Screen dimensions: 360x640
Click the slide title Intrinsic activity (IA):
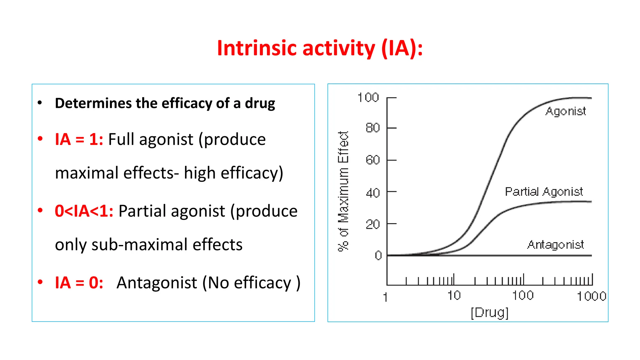tap(320, 48)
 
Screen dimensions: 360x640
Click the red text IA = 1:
tap(79, 139)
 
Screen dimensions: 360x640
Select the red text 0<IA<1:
tap(84, 211)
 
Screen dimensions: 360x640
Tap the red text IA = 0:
tap(79, 283)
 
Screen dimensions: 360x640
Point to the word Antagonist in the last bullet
tap(157, 283)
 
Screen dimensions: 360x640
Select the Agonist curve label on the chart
tap(565, 112)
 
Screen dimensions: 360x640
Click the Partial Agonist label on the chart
tap(544, 192)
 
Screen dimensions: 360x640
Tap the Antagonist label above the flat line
tap(555, 245)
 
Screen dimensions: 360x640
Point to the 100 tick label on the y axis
tap(368, 98)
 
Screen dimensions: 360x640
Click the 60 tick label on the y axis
tap(372, 160)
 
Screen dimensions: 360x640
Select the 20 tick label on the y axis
tap(372, 224)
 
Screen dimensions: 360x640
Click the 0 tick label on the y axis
tap(378, 256)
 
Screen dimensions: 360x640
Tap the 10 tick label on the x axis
tap(454, 296)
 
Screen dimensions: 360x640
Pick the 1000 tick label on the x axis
tap(591, 296)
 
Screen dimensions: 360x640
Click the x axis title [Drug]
tap(489, 312)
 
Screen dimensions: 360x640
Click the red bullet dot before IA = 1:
tap(40, 138)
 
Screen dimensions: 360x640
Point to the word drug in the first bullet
tap(260, 103)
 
